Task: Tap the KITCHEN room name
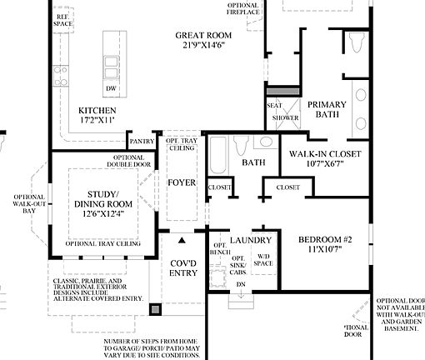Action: coord(97,110)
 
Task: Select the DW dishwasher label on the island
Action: coord(110,87)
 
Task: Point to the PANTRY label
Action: coord(142,142)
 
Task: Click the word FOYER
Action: coord(181,182)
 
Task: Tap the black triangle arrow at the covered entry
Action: coord(182,240)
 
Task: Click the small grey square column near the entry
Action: coord(155,310)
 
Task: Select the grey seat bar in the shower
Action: coord(282,90)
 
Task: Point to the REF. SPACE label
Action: coord(63,20)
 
